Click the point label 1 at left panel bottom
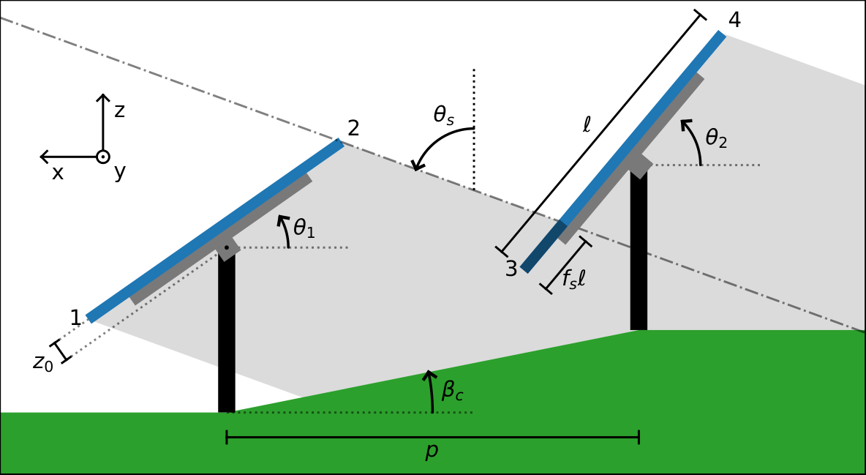click(x=75, y=318)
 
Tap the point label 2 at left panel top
click(x=353, y=129)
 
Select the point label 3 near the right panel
click(x=511, y=269)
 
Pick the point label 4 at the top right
click(x=734, y=20)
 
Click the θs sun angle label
click(x=444, y=116)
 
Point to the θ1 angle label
click(x=304, y=228)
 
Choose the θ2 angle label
click(x=716, y=138)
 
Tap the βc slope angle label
click(x=452, y=391)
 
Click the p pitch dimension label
click(x=432, y=451)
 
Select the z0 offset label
click(x=43, y=362)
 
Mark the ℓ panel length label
click(x=587, y=125)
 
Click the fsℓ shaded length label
click(x=573, y=279)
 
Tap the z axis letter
click(x=119, y=111)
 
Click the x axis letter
click(x=58, y=173)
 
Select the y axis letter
click(x=120, y=173)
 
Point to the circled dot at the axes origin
click(x=103, y=157)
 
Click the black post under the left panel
click(x=227, y=337)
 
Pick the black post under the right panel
click(x=639, y=256)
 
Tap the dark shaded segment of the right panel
click(x=543, y=247)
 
